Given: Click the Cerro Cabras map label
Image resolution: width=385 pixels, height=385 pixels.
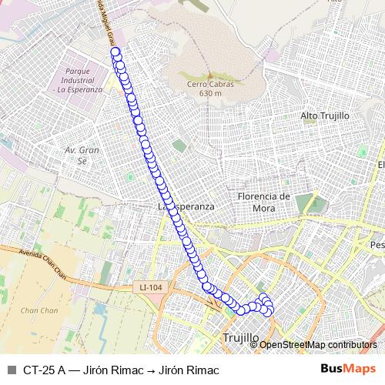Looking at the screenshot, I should (x=205, y=85).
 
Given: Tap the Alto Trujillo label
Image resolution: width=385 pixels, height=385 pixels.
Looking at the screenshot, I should (x=325, y=115).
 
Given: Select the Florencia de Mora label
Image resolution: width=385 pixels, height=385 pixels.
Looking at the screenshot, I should (x=263, y=201).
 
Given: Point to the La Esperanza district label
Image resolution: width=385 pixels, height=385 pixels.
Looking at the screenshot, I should (x=185, y=207).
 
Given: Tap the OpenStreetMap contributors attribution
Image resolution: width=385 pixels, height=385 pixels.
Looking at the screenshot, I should (x=318, y=345).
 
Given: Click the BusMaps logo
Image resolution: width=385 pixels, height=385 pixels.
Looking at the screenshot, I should (x=349, y=369).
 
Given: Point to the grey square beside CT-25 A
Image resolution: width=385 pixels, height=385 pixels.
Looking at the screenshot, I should (x=11, y=370).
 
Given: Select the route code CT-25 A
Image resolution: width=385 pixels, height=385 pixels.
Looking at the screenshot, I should (x=44, y=370).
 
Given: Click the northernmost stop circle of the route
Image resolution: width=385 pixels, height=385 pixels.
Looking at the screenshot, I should (x=115, y=52).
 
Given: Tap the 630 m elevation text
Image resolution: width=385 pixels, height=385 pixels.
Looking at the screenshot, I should (x=209, y=93).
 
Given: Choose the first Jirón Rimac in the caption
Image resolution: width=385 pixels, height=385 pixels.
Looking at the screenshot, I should (x=113, y=370).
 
